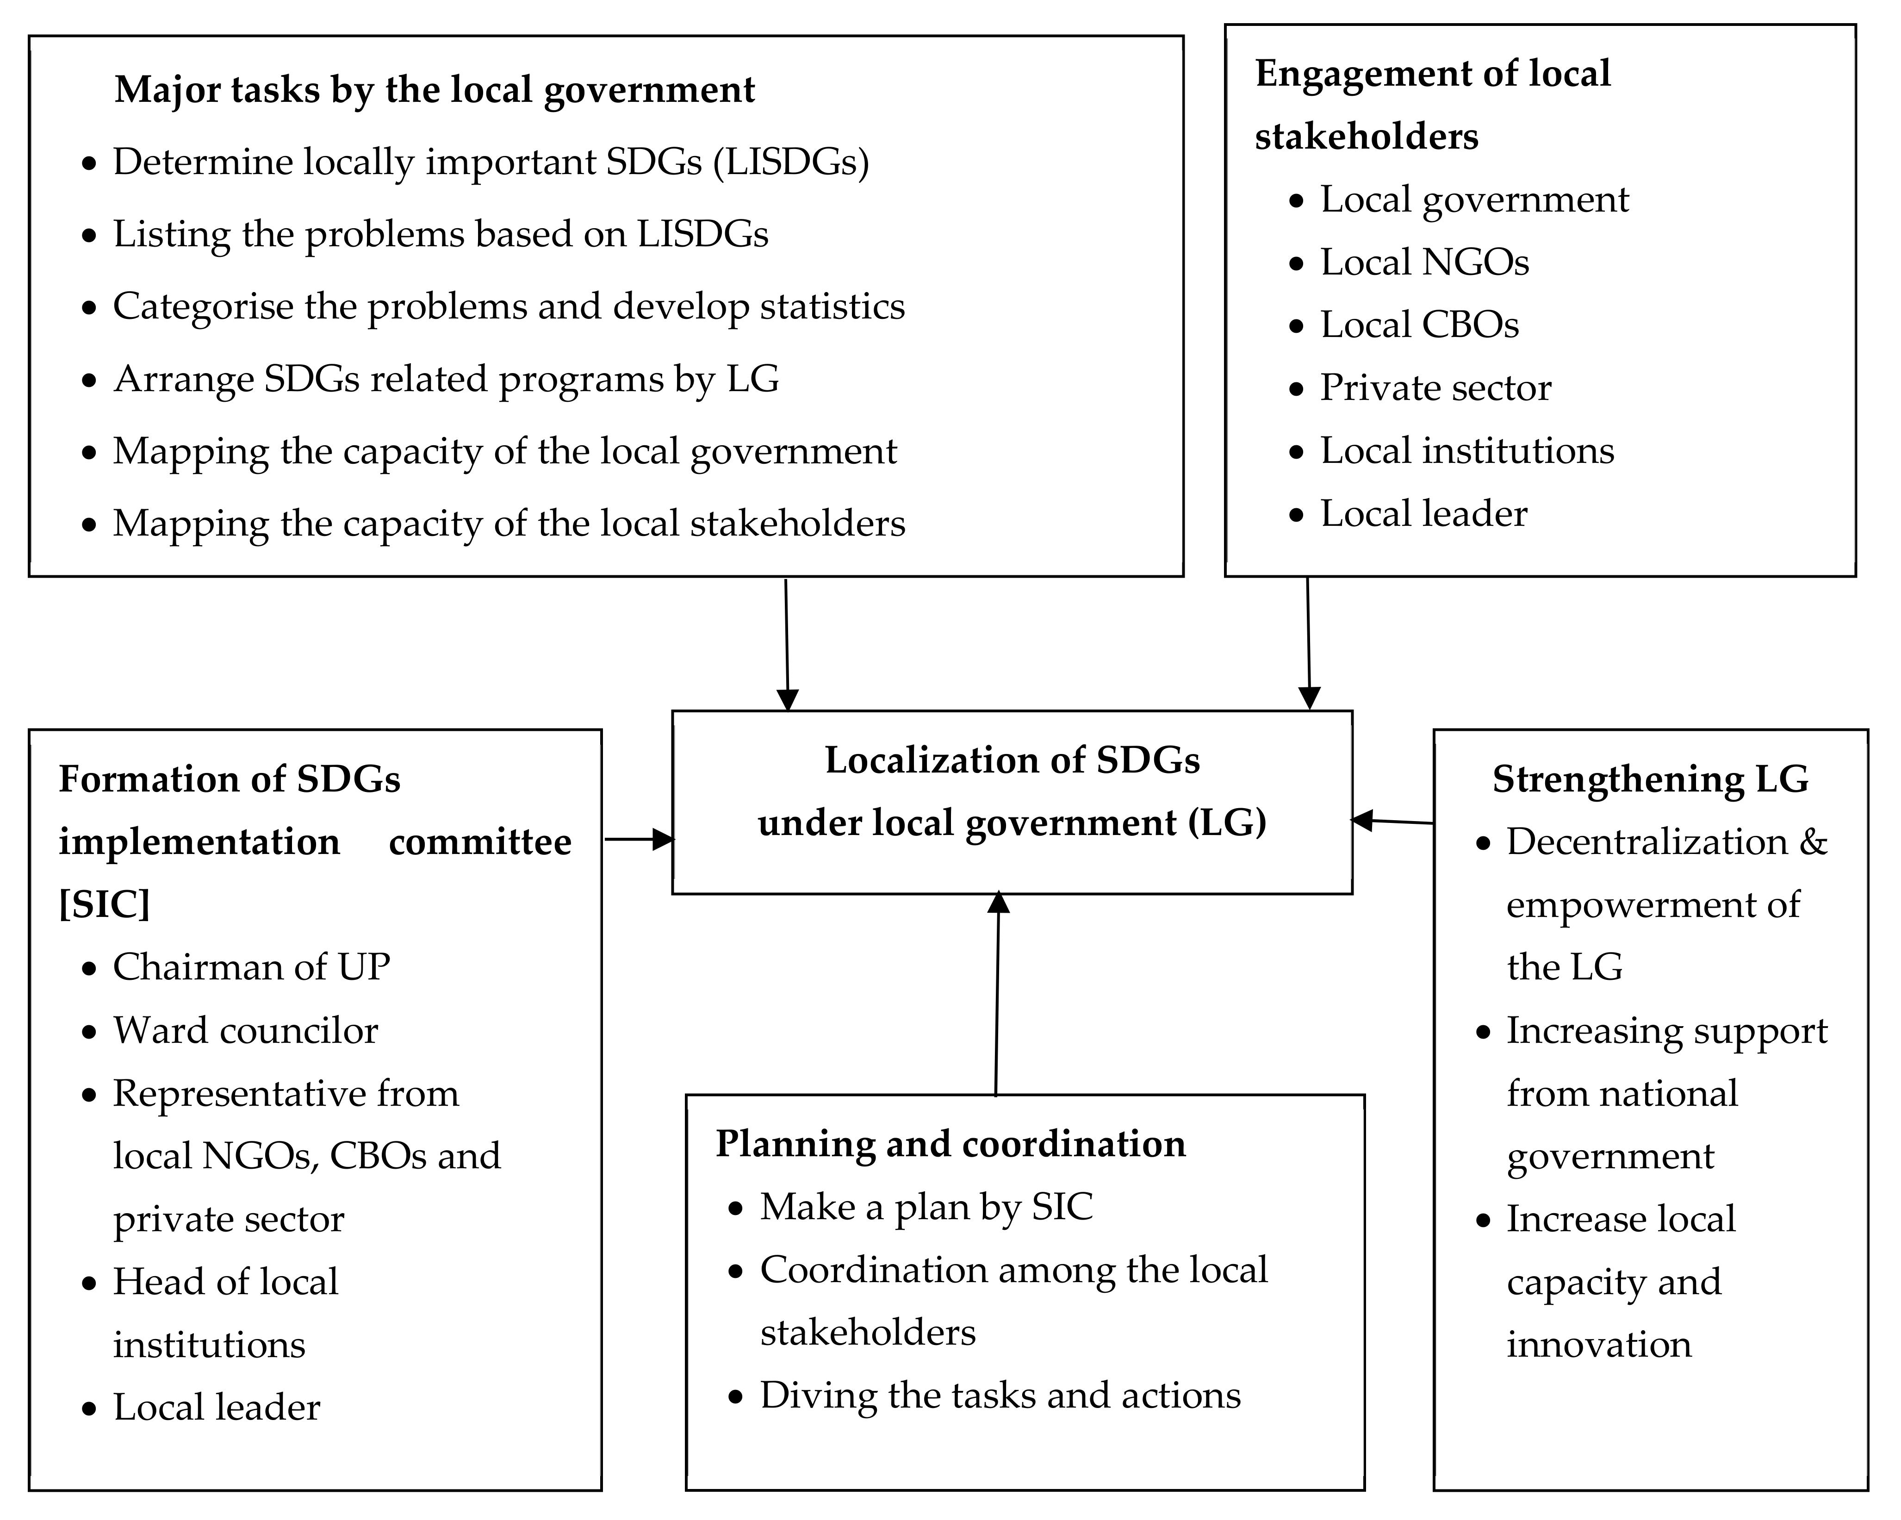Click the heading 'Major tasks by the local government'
pos(435,90)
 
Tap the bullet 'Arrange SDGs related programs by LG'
pos(446,379)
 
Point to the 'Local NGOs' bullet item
pos(1424,263)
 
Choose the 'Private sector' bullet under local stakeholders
pos(1435,388)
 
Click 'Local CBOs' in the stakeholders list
pos(1419,325)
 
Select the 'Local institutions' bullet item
pos(1466,451)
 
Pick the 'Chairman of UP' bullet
pos(251,967)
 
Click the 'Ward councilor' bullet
pos(245,1031)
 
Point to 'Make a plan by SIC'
pos(926,1207)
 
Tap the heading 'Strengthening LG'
pos(1650,779)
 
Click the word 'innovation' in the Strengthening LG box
pos(1598,1345)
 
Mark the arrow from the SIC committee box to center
pos(638,839)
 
